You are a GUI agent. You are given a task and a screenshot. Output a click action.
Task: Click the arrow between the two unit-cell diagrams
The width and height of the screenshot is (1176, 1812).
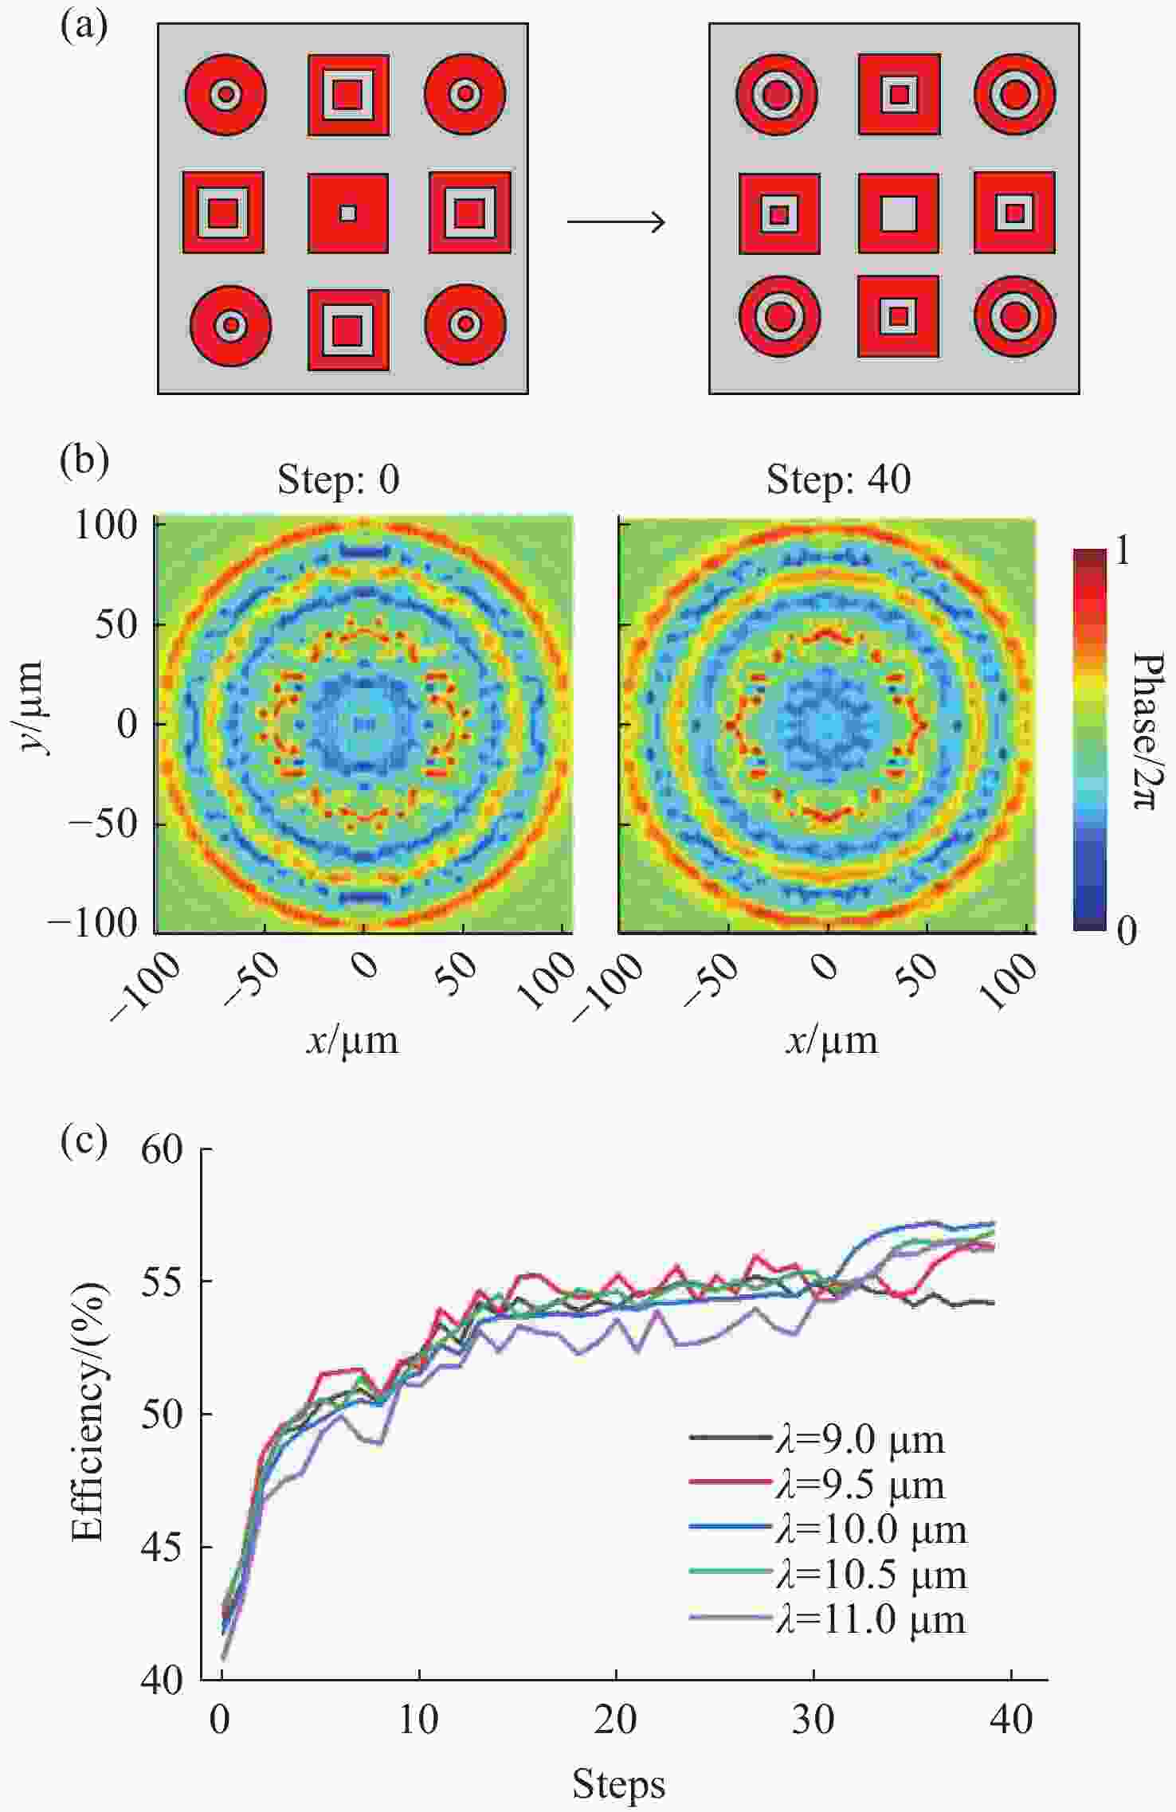coord(616,221)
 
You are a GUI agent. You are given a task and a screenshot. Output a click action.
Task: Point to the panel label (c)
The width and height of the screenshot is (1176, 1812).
coord(84,1141)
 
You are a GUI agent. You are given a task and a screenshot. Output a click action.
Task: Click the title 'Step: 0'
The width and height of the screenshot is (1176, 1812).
coord(338,479)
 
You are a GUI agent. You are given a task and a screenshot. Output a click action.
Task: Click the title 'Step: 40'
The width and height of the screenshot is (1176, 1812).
coord(838,479)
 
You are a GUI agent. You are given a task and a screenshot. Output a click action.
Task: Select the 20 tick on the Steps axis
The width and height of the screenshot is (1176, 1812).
coord(616,1720)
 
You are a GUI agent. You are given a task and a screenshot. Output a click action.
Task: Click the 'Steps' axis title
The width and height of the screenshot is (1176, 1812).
coord(618,1784)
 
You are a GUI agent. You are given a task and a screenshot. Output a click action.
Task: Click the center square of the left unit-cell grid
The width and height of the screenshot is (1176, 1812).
coord(348,213)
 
